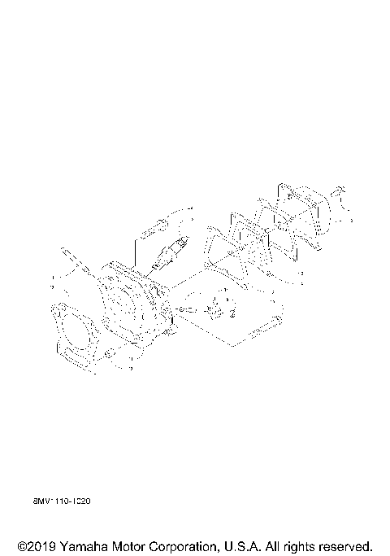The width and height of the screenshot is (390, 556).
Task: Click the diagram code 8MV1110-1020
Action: (61, 502)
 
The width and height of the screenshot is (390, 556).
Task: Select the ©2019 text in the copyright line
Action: (34, 545)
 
